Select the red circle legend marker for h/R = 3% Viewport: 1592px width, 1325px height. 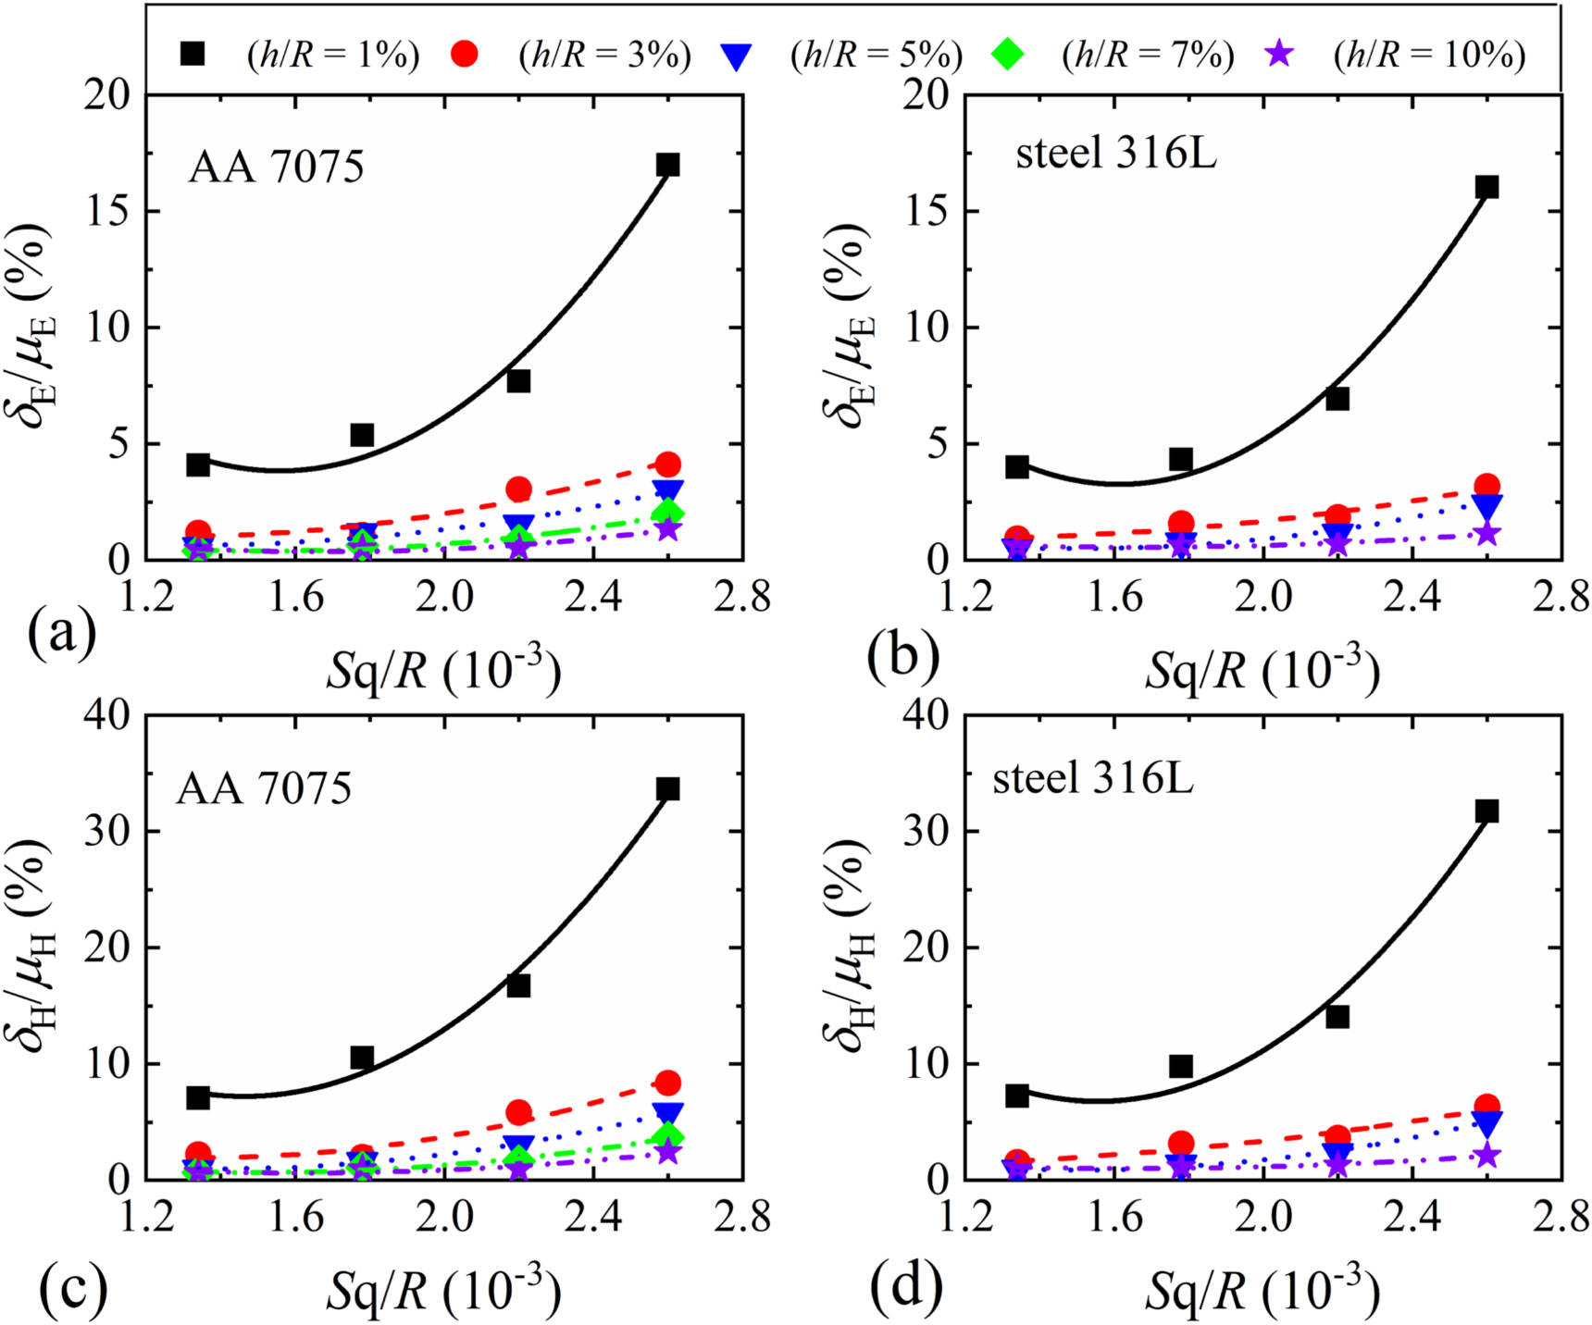(x=465, y=54)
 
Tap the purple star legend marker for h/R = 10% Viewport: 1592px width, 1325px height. (x=1279, y=54)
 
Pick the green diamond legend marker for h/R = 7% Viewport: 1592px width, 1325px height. (x=1007, y=54)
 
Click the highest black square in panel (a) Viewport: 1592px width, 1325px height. (x=667, y=165)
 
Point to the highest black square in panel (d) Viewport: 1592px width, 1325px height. (x=1486, y=811)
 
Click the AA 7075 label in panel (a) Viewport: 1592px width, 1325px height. (x=276, y=167)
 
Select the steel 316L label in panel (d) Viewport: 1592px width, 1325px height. (x=1092, y=779)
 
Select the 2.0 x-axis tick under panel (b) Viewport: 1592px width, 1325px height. (x=1264, y=597)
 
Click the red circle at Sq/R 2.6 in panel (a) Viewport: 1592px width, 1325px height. (x=668, y=464)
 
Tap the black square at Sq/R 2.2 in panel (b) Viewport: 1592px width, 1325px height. (x=1337, y=399)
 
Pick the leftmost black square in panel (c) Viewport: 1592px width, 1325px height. (x=197, y=1097)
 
